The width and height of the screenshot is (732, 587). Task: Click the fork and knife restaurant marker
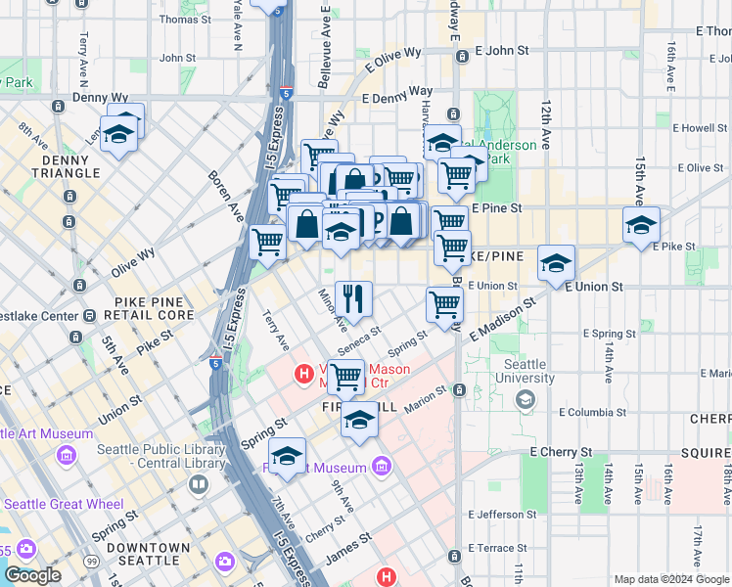(x=353, y=297)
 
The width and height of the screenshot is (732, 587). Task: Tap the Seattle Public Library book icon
(x=199, y=484)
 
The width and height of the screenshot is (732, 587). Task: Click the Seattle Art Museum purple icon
(x=67, y=455)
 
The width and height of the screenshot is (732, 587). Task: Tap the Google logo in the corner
(x=32, y=575)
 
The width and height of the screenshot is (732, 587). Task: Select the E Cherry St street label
(x=562, y=452)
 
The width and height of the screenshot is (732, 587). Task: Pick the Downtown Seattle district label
(x=148, y=555)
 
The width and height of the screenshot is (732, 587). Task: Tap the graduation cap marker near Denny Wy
(x=118, y=133)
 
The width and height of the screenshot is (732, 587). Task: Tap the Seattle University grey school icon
(x=526, y=398)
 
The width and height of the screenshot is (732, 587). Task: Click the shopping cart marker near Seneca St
(x=344, y=376)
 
